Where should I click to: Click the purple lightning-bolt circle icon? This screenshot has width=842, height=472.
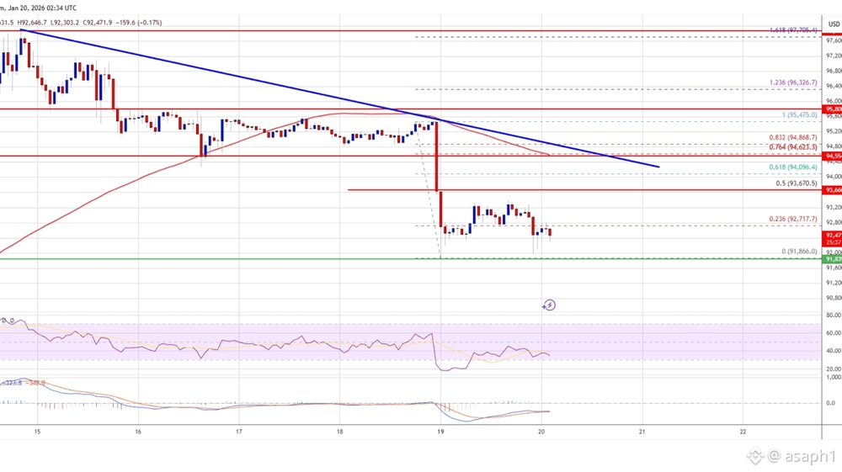click(x=550, y=305)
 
